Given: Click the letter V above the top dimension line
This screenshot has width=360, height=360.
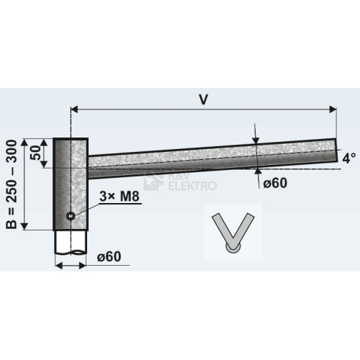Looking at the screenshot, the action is click(203, 99).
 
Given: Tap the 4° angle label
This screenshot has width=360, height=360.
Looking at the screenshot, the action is click(349, 158).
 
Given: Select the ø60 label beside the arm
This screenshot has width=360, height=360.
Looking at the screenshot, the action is click(275, 184).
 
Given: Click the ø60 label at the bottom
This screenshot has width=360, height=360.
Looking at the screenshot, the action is click(109, 256).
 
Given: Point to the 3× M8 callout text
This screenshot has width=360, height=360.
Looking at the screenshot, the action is click(120, 197).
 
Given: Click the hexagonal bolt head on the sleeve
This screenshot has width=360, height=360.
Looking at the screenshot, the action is click(71, 216).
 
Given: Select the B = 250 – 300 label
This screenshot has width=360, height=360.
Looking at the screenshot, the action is click(12, 184).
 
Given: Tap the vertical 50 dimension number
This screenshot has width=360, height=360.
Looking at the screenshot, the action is click(36, 153).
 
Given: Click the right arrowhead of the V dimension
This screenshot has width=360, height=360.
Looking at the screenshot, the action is click(333, 109).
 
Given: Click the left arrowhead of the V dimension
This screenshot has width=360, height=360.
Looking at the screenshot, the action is click(75, 109).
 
